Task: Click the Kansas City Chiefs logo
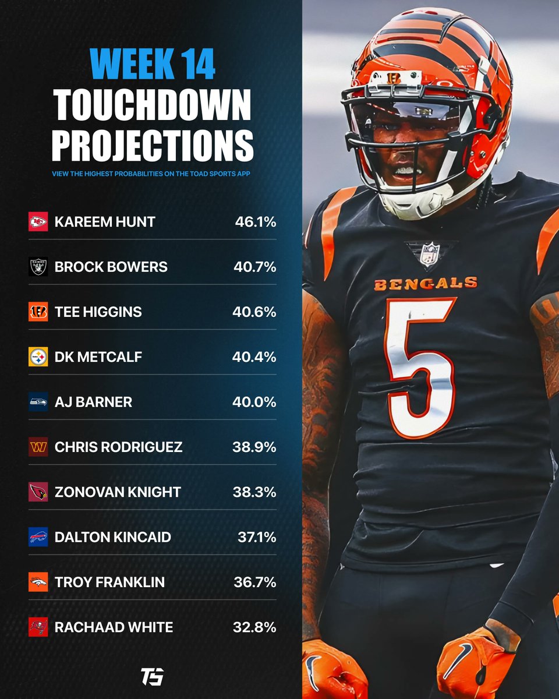click(38, 221)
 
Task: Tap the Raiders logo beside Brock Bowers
click(38, 267)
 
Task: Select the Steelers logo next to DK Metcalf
click(38, 356)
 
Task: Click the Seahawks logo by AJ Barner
click(38, 402)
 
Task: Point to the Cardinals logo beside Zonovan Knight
click(38, 492)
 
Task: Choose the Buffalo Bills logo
click(38, 537)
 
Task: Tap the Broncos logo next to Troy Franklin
click(38, 582)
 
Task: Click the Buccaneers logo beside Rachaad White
click(38, 627)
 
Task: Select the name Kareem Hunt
click(105, 222)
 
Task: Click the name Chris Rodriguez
click(119, 447)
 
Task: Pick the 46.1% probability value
click(256, 222)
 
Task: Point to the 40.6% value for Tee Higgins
click(254, 312)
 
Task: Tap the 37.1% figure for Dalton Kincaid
click(257, 537)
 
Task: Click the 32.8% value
click(254, 627)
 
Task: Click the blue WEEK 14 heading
click(153, 63)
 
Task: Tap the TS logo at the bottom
click(152, 676)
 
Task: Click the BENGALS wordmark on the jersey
click(426, 284)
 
